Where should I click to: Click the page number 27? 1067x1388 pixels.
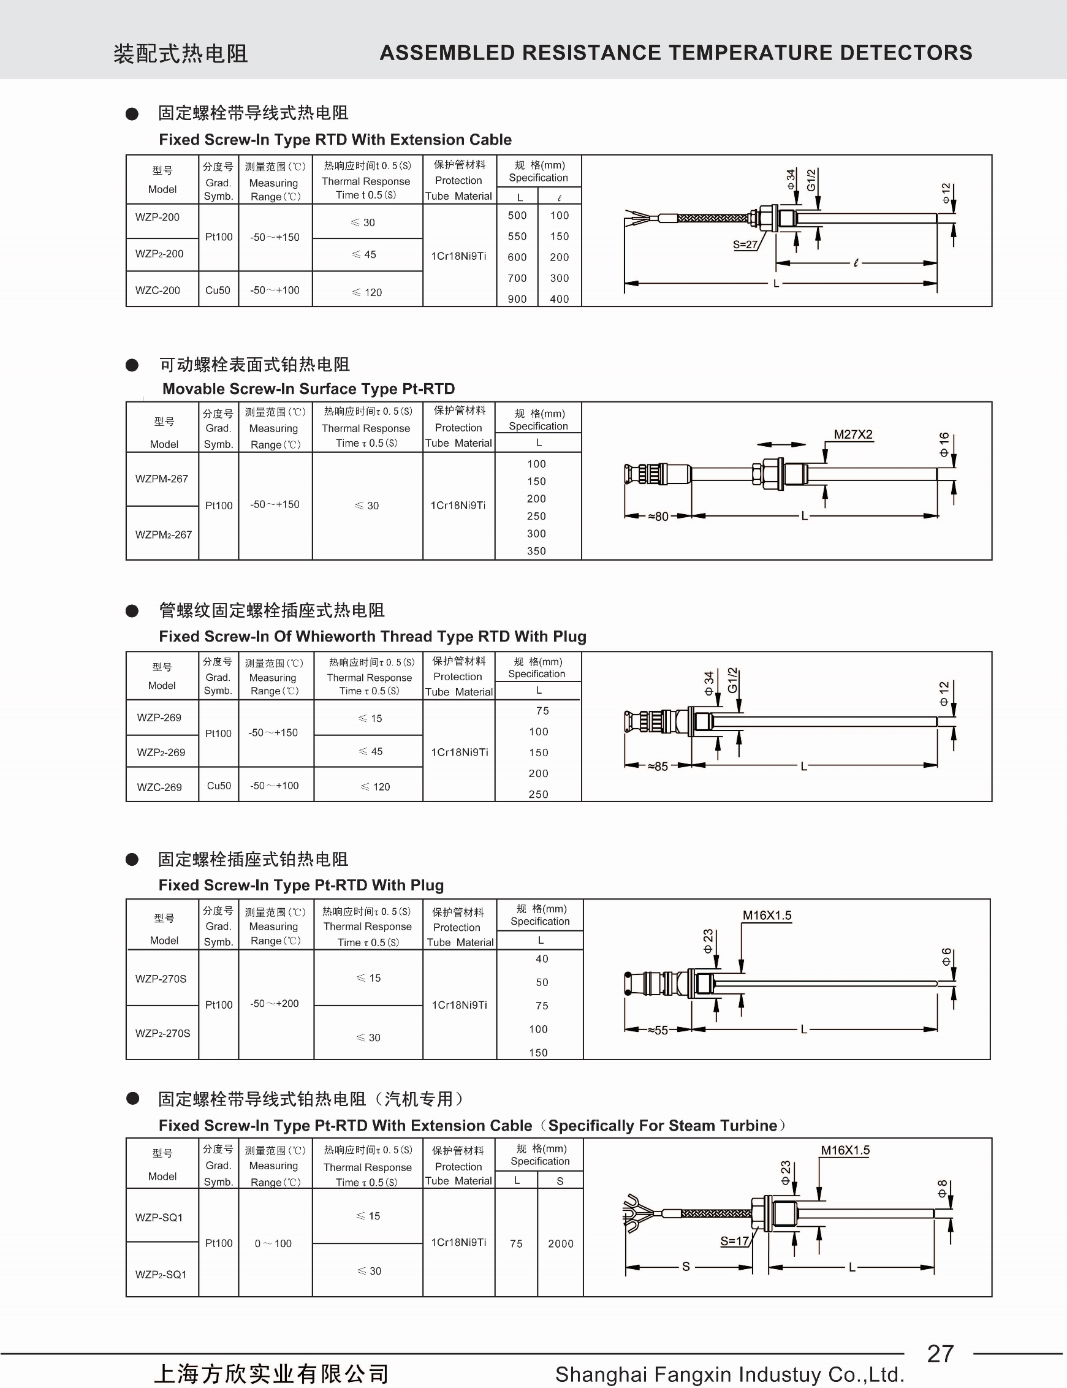[940, 1354]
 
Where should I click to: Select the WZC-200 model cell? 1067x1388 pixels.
[158, 290]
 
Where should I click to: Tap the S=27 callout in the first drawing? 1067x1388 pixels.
[745, 245]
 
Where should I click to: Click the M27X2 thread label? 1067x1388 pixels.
[853, 434]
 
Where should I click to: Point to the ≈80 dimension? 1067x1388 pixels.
[658, 516]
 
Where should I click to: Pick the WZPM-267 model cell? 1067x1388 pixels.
[161, 479]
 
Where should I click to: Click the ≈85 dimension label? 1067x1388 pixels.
[658, 767]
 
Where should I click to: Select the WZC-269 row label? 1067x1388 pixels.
[159, 787]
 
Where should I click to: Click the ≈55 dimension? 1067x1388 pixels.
[658, 1030]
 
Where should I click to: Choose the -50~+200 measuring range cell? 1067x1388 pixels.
[275, 1004]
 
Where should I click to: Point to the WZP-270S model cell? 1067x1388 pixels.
[161, 979]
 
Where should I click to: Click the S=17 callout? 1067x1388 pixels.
[734, 1241]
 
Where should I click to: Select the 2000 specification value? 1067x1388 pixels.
[560, 1244]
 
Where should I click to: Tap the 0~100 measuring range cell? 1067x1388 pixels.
[273, 1244]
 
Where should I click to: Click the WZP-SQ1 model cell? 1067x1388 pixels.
[159, 1217]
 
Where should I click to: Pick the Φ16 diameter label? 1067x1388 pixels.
[944, 444]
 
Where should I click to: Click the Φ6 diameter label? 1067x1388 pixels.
[946, 956]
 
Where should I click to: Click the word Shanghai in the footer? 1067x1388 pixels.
[601, 1375]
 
